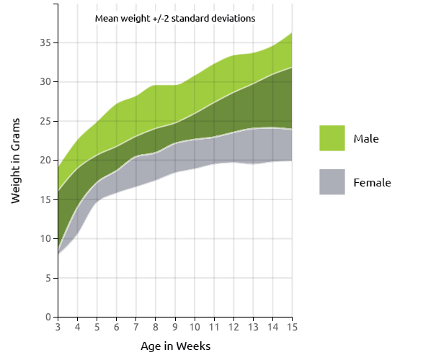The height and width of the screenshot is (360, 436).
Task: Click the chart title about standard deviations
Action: click(x=175, y=18)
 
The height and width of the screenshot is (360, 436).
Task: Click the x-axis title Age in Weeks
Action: click(x=175, y=346)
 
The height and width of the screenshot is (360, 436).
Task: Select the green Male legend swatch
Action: click(x=332, y=138)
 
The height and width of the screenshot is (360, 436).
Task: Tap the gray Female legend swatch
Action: click(x=332, y=182)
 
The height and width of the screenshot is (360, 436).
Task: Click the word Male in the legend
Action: click(x=366, y=138)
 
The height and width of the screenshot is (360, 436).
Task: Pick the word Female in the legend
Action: click(x=372, y=182)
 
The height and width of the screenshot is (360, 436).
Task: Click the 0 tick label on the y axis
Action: click(x=48, y=317)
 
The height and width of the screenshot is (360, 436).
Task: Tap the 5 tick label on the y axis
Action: click(x=48, y=278)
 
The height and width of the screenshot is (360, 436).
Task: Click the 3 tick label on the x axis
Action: click(x=58, y=328)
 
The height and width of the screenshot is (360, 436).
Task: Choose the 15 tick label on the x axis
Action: click(x=292, y=328)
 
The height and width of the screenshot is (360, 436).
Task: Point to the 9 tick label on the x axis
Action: click(x=175, y=328)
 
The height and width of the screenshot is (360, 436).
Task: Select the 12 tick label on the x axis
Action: click(x=233, y=328)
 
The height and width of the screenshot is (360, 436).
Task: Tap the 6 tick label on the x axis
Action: click(x=117, y=328)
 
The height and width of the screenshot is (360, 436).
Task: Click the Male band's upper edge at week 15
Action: click(x=292, y=33)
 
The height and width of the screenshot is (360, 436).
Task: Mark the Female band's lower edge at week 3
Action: click(x=58, y=253)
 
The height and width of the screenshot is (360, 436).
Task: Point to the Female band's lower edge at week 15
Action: click(x=292, y=161)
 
